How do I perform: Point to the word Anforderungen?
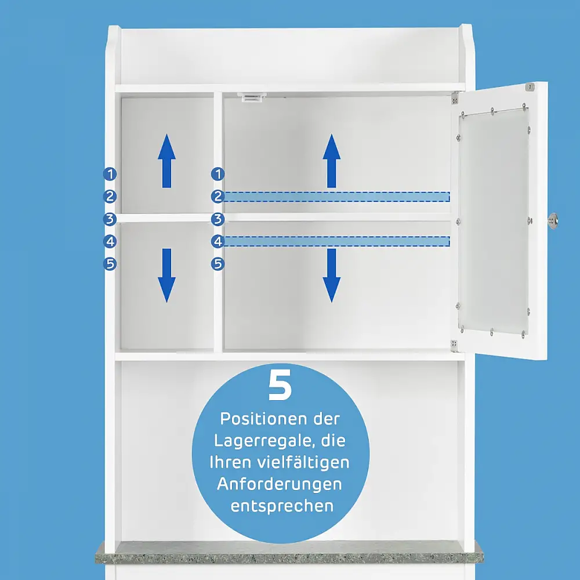coord(280,484)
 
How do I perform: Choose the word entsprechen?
coord(282,506)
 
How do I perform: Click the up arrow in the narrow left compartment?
coord(166,161)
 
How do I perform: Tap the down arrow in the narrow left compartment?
coord(166,275)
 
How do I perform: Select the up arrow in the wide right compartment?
coord(331,161)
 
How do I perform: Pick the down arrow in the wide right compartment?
coord(331,275)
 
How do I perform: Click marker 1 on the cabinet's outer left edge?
coord(110,174)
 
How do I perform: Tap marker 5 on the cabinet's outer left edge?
coord(110,264)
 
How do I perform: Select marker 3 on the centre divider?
coord(218,219)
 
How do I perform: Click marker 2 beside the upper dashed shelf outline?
coord(218,197)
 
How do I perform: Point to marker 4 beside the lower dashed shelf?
coord(218,241)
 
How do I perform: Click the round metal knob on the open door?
coord(553,221)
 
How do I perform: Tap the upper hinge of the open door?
coord(455,99)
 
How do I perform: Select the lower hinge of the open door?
coord(454,345)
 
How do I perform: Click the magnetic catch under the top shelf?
coord(251,96)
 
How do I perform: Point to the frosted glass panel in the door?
coord(494,221)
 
